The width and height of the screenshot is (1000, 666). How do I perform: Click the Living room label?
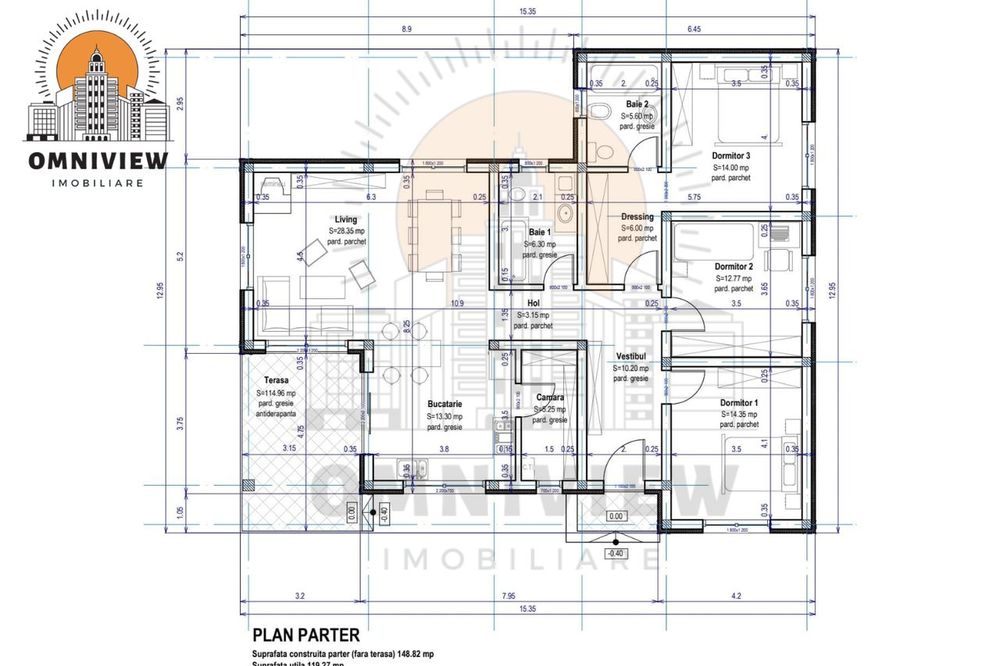point(345,219)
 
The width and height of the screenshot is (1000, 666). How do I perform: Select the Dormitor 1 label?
point(741,402)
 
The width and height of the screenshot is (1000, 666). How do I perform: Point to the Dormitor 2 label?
point(733,267)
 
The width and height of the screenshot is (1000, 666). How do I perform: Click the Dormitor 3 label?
point(731,156)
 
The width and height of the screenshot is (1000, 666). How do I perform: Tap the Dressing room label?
point(637,216)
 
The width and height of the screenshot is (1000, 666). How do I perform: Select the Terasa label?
point(276,381)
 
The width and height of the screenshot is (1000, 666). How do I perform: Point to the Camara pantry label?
point(549,397)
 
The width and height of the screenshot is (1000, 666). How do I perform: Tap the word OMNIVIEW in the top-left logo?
point(98,160)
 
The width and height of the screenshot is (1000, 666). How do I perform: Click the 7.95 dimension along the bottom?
point(510,597)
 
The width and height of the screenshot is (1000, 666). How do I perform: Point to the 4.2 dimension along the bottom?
point(736,597)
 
